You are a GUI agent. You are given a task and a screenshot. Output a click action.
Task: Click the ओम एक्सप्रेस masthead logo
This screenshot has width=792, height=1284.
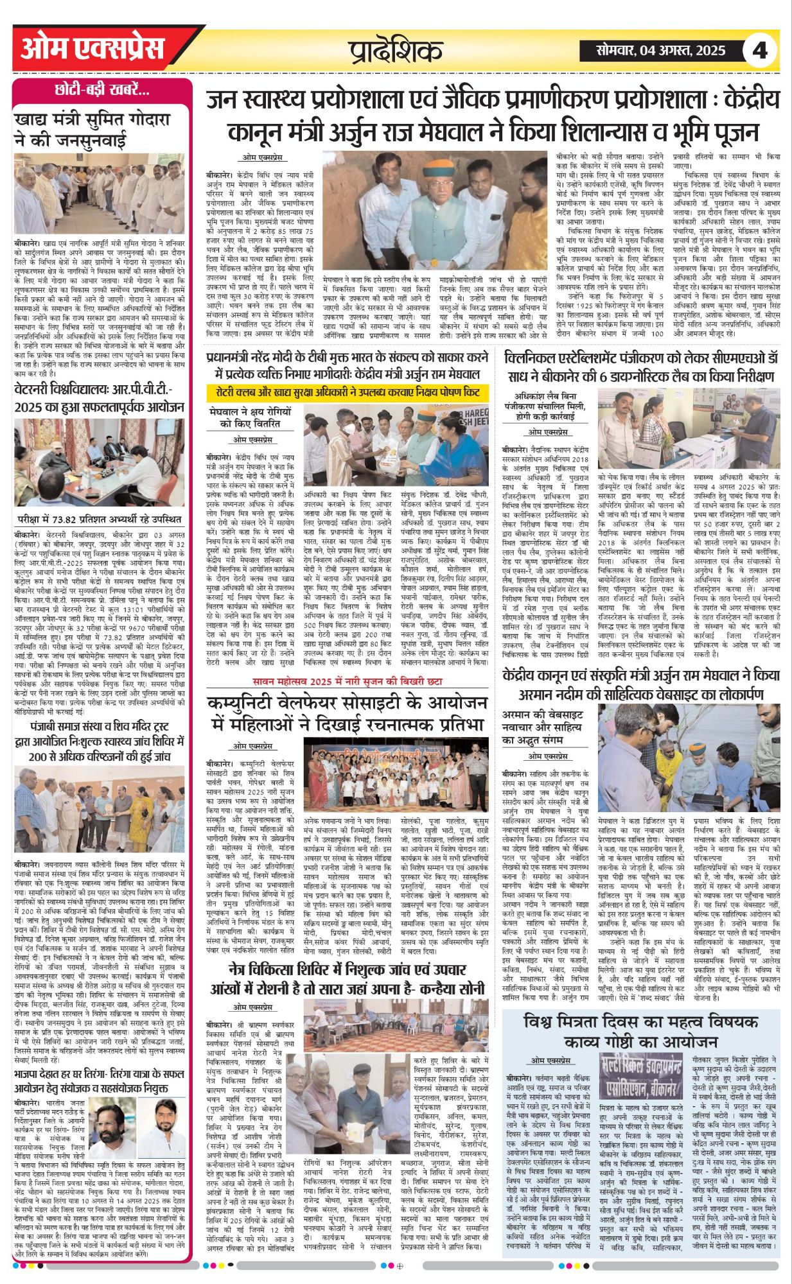pyautogui.click(x=92, y=50)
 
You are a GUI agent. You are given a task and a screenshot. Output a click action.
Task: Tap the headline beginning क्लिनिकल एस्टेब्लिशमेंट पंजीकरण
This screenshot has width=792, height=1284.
pyautogui.click(x=641, y=367)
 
